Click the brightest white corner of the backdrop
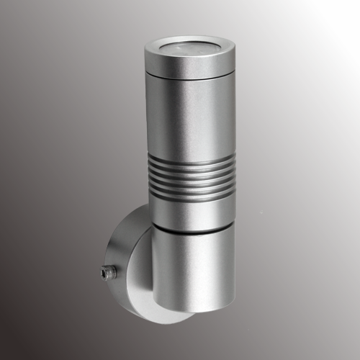pos(356,4)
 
